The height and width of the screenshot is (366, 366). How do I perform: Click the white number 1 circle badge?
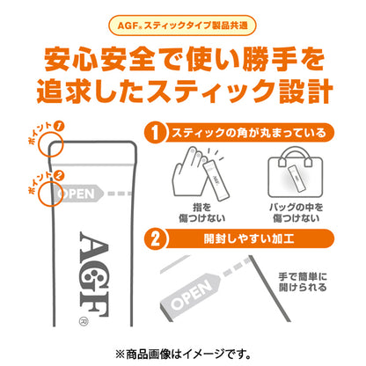point(155,134)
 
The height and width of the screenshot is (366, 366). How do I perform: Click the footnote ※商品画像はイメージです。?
point(183,349)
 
